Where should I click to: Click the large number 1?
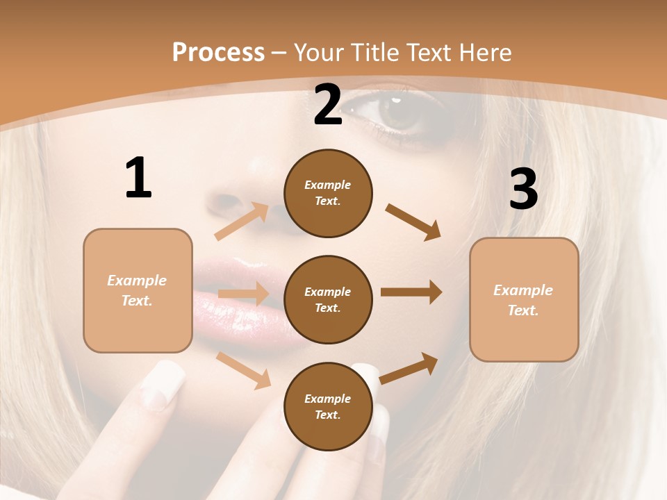click(x=138, y=179)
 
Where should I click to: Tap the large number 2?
click(x=328, y=106)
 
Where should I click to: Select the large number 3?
click(x=524, y=190)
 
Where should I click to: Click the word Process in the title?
click(x=218, y=52)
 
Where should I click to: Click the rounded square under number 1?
click(x=138, y=290)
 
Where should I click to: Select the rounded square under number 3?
click(x=524, y=299)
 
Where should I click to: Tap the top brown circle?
click(x=328, y=193)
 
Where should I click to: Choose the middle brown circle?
click(x=328, y=299)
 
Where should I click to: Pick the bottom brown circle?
click(x=328, y=406)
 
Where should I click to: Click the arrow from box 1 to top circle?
click(x=241, y=221)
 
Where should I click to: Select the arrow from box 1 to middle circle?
click(x=242, y=294)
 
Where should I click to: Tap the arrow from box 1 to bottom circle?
click(x=243, y=370)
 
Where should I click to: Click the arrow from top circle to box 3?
click(x=413, y=222)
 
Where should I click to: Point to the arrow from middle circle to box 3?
click(x=411, y=292)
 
